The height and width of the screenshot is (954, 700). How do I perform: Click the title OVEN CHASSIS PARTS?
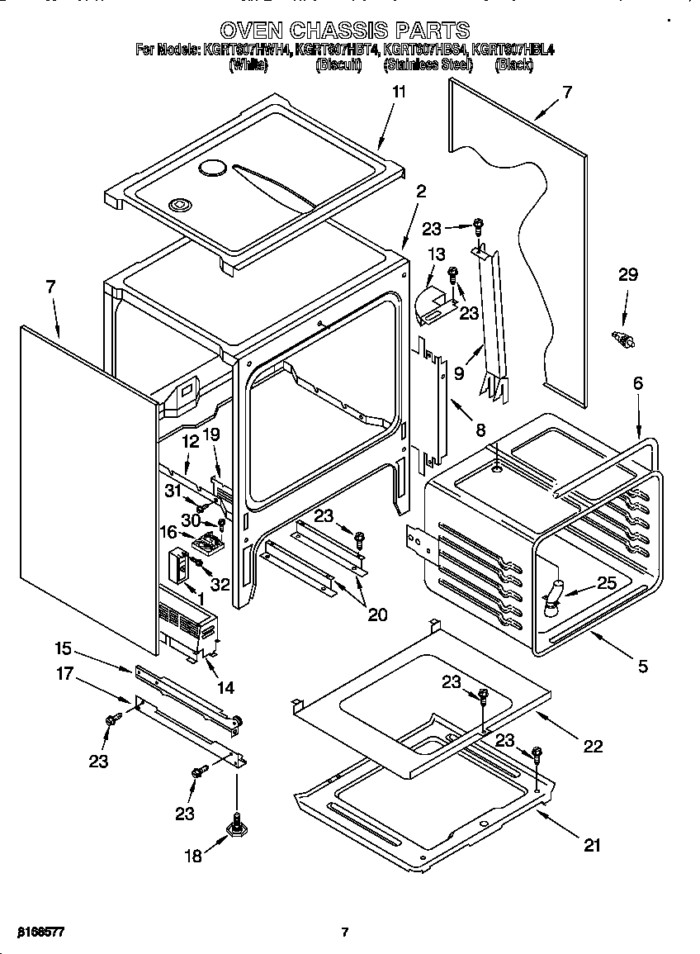pos(345,31)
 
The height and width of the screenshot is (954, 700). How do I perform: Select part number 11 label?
pos(399,93)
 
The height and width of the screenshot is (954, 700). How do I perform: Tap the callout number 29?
pos(628,275)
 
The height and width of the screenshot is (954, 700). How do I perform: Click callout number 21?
pos(592,845)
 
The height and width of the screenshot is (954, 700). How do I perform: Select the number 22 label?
pos(593,746)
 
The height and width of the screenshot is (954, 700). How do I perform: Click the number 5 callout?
pos(642,667)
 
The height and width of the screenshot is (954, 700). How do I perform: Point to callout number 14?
pos(225,686)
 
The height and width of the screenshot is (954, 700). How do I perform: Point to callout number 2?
pos(421,191)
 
